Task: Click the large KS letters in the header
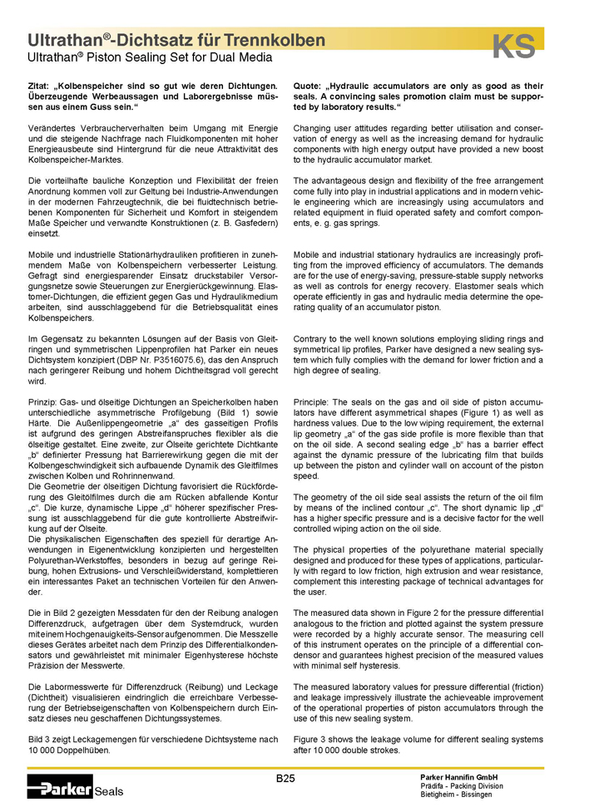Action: [513, 47]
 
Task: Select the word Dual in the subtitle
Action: [218, 58]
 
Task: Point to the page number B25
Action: [286, 778]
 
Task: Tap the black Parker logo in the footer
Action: [59, 786]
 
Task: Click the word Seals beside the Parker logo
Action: [110, 791]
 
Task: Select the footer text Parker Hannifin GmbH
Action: [462, 777]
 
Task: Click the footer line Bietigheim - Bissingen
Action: [457, 795]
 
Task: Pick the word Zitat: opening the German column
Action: [40, 86]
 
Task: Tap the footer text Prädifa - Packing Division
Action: [462, 786]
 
